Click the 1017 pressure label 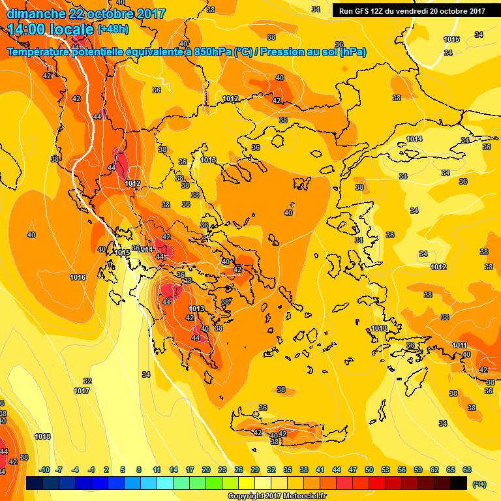(82, 391)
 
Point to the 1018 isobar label (42, 436)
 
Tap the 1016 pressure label (78, 277)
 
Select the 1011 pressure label (460, 345)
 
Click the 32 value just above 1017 (87, 381)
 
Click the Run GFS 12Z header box (412, 10)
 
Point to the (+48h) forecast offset (113, 29)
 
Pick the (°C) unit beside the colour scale (479, 483)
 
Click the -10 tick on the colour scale (44, 470)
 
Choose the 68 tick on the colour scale (467, 470)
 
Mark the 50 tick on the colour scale (369, 470)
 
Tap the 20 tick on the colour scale (205, 470)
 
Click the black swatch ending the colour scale (459, 483)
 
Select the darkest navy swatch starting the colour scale (35, 483)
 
